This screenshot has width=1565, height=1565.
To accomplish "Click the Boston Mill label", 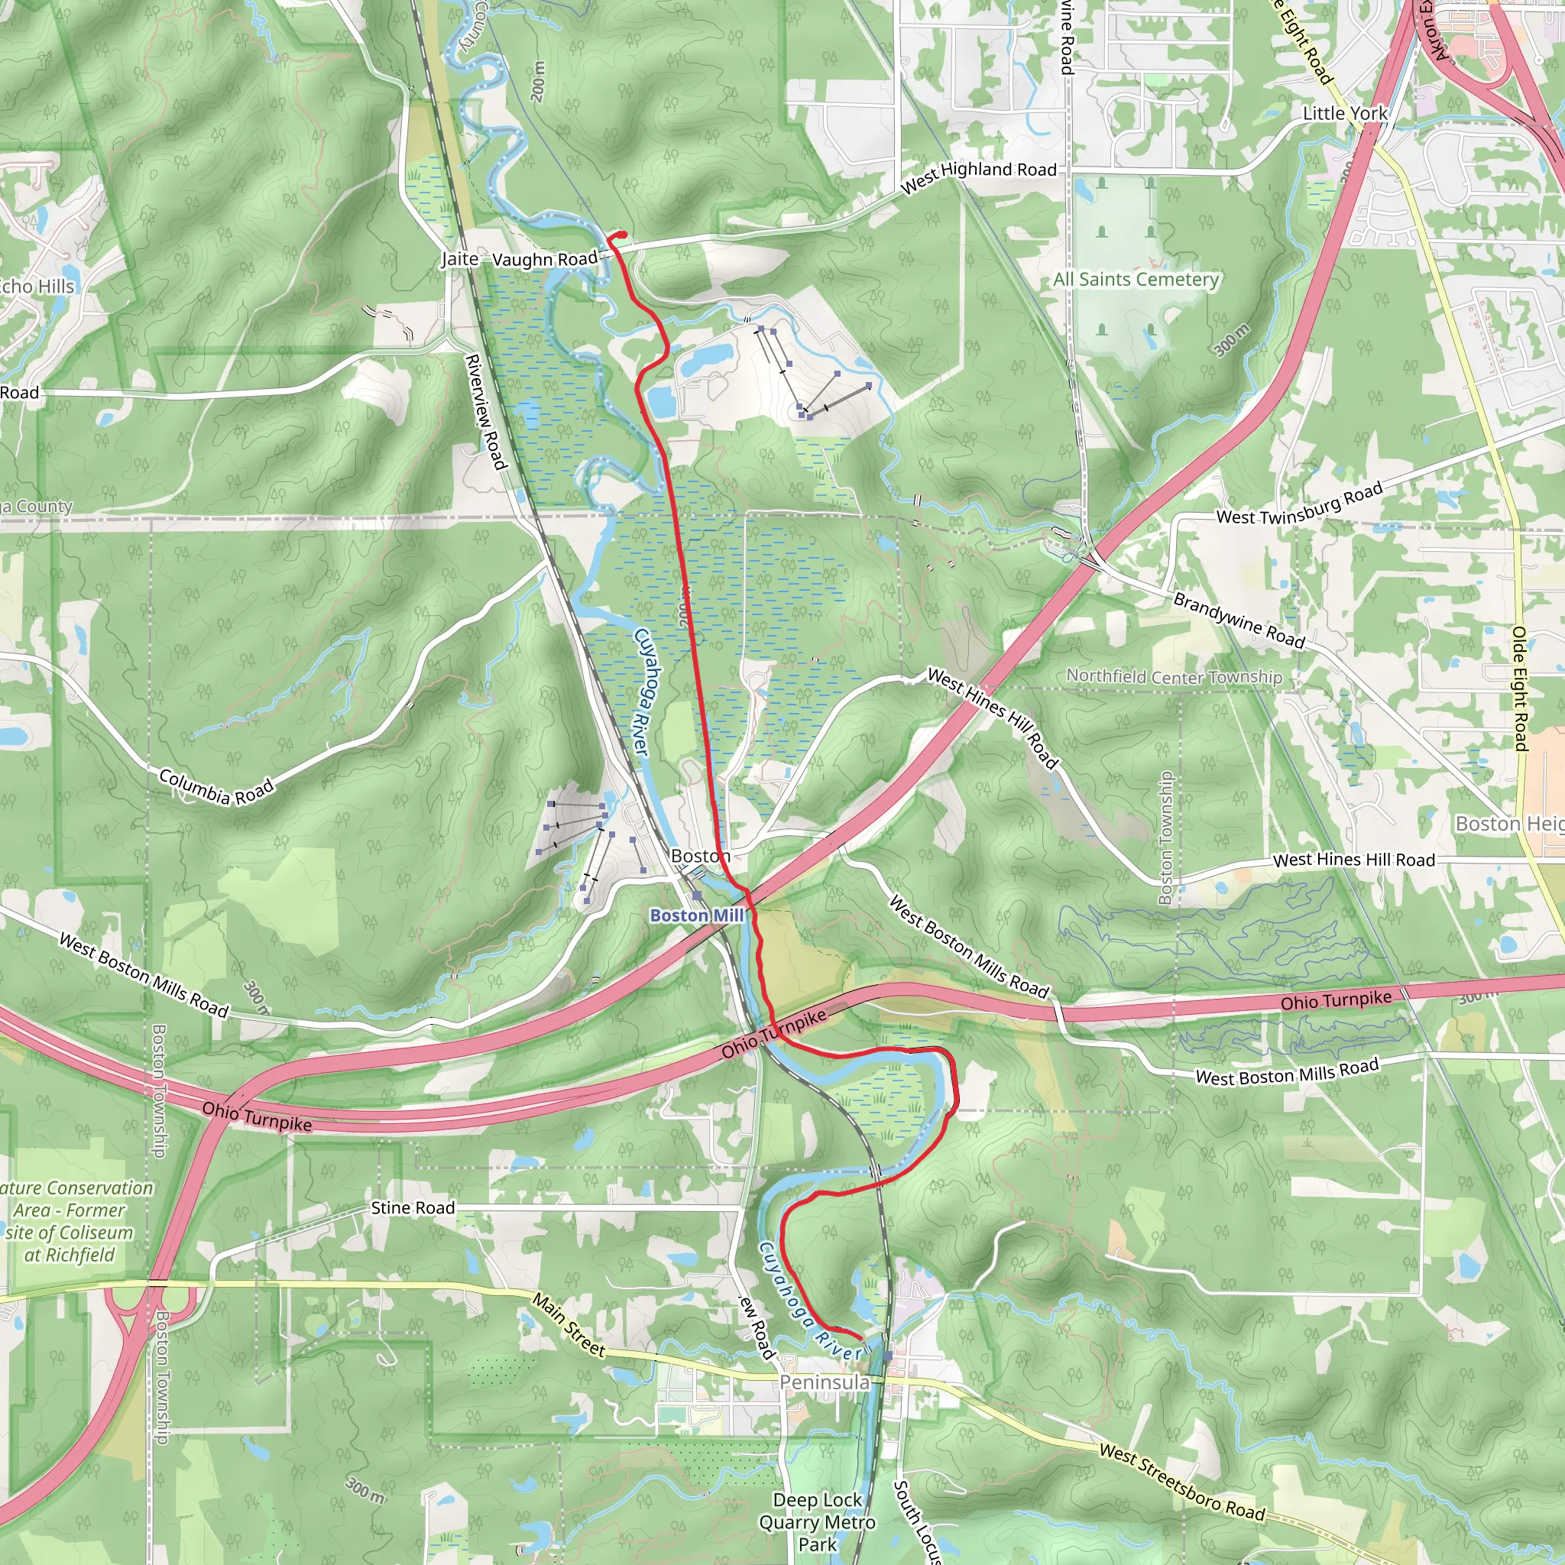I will (697, 915).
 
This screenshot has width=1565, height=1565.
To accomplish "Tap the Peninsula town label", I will (824, 1382).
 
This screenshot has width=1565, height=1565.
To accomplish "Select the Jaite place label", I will (459, 258).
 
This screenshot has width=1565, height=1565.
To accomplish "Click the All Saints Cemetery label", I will (1136, 280).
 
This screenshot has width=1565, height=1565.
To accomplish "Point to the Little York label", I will (1345, 113).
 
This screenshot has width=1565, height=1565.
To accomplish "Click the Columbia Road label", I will (216, 787).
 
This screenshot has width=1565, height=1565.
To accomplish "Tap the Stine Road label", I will (413, 1208).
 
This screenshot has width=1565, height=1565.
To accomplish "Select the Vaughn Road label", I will (544, 259).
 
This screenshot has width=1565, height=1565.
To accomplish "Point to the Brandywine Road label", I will (1239, 621).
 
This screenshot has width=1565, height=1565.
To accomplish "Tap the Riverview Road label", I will (486, 412).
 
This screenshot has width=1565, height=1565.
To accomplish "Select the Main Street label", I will (569, 1324).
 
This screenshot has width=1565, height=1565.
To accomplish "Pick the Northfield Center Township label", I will (1174, 676).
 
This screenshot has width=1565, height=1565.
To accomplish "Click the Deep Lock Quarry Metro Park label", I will (817, 1522).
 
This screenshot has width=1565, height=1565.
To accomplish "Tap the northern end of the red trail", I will (623, 234).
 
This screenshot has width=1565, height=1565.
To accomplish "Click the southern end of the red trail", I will (860, 1337).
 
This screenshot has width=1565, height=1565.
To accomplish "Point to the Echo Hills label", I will (37, 287).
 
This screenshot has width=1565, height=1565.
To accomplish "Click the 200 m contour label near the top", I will (539, 81).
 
